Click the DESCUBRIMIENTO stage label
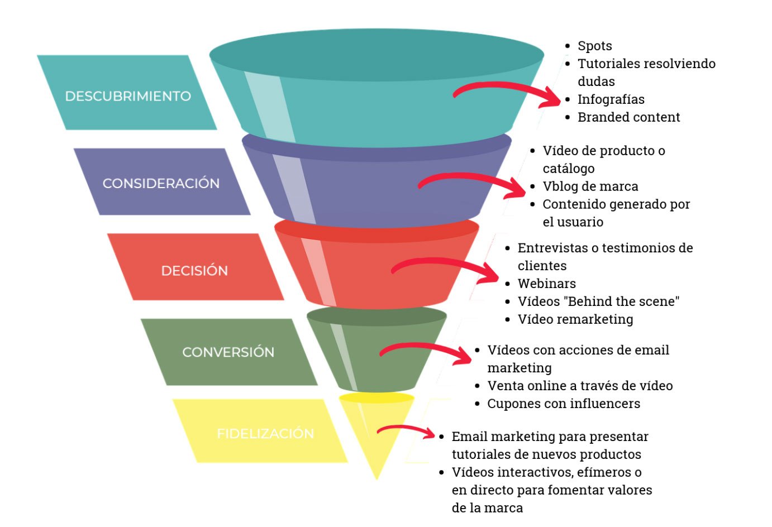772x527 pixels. point(128,96)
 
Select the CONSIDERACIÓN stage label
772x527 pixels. point(161,183)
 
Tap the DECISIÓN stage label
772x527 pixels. point(194,271)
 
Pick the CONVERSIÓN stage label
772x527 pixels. point(228,352)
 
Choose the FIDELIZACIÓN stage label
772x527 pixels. point(265,433)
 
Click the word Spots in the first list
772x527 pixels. point(594,46)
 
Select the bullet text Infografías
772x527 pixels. point(611,99)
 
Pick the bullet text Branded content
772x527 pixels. point(628,117)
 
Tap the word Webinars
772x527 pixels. point(546,284)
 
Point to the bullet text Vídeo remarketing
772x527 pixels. point(575,319)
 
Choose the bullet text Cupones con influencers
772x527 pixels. point(563,404)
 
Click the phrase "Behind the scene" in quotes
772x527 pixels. point(621,301)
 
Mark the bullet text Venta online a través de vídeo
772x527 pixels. point(579,386)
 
